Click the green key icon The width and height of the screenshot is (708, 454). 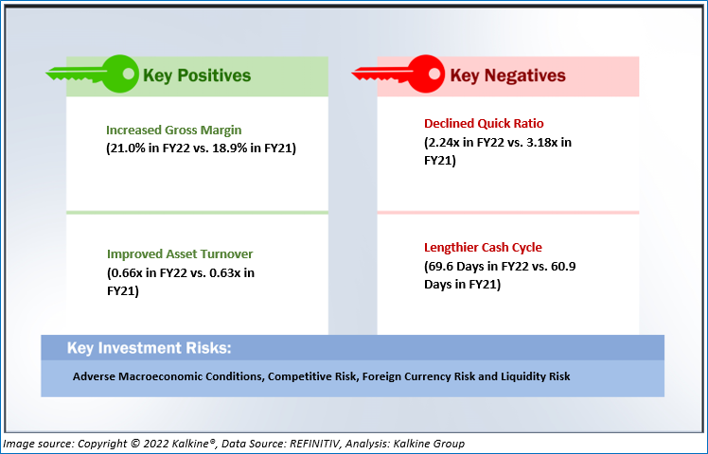click(93, 74)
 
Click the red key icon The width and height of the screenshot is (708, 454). click(398, 74)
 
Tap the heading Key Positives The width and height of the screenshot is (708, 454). click(197, 76)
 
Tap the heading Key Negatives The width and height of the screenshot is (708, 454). click(507, 76)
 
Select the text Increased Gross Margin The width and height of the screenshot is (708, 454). click(174, 130)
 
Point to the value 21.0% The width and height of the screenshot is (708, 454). click(128, 148)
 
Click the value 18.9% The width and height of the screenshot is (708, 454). click(230, 148)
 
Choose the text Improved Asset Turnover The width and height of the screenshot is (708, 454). click(180, 254)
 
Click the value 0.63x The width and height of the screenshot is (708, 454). click(225, 273)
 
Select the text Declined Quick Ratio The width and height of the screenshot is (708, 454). click(484, 123)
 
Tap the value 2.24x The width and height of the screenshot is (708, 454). click(444, 142)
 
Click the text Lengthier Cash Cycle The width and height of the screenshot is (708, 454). click(483, 247)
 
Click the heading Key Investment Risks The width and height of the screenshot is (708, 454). click(149, 348)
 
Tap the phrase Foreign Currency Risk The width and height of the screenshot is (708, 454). click(418, 376)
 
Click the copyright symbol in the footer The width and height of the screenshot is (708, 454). click(135, 444)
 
